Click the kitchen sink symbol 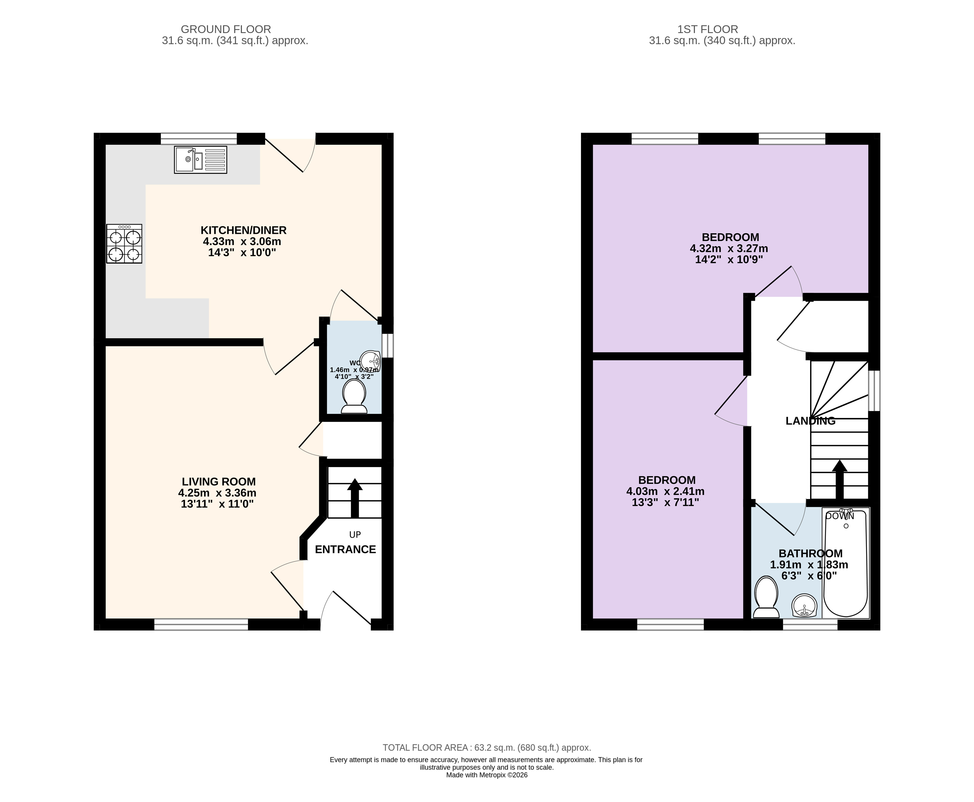tap(201, 160)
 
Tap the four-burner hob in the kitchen tap(124, 244)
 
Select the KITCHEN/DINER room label tap(244, 230)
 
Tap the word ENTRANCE tap(345, 549)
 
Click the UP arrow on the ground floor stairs tap(355, 498)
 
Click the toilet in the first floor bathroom tap(766, 597)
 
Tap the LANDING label tap(810, 421)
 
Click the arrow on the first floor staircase tap(840, 480)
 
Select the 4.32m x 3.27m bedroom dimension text tap(729, 249)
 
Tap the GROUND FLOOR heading tap(226, 29)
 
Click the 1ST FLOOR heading tap(708, 29)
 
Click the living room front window tap(201, 625)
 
